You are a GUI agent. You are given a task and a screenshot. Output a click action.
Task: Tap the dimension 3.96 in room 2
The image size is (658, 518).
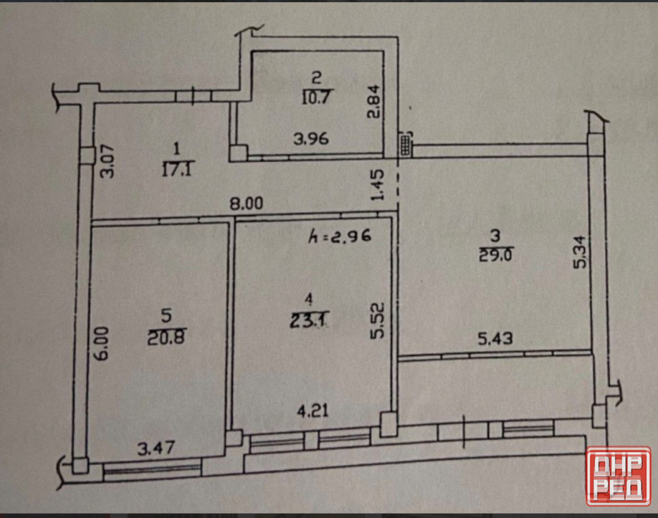(x=311, y=138)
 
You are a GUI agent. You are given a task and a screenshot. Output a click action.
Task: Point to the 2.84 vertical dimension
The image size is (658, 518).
(x=373, y=101)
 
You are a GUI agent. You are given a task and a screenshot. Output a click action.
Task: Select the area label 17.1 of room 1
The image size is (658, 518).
(x=176, y=170)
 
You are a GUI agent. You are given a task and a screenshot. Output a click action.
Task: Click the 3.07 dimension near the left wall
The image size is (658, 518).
(x=107, y=161)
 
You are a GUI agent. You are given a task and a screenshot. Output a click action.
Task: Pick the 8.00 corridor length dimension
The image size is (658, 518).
(x=246, y=204)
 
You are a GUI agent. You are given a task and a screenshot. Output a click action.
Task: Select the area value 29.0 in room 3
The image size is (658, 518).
(x=495, y=254)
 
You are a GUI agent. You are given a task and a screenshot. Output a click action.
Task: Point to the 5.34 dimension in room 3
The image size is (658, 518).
(x=582, y=252)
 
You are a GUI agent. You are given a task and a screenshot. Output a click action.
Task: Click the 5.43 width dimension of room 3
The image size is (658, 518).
(x=495, y=338)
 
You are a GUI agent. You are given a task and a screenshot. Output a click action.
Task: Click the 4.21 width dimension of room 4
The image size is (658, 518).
(x=313, y=411)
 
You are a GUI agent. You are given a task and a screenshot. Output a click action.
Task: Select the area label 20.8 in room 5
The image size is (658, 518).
(x=166, y=337)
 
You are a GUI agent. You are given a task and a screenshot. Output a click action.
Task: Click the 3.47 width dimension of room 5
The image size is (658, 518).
(x=156, y=448)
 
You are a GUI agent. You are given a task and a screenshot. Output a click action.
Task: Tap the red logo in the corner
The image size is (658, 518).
(x=618, y=476)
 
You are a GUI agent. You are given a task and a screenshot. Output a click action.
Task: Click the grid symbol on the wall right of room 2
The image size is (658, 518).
(x=405, y=145)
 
